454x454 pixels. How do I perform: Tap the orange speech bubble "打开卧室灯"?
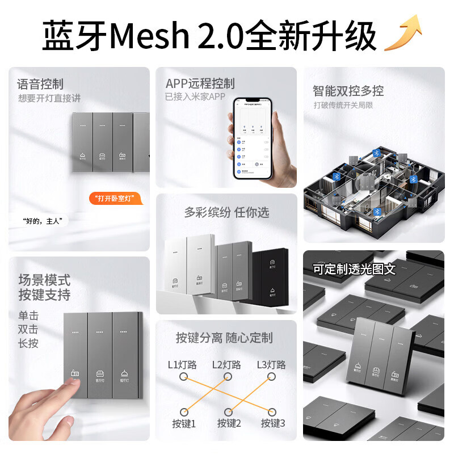point(115,199)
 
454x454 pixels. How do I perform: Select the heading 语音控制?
point(40,85)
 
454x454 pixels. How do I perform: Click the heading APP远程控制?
point(200,84)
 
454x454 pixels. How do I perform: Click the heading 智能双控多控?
point(348,91)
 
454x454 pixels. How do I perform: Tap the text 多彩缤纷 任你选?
point(226,212)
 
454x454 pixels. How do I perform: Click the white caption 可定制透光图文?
point(354,268)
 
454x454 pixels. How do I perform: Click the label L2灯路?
point(226,365)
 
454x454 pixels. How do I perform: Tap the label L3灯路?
point(271,365)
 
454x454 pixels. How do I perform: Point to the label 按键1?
point(183,423)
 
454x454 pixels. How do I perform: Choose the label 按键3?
point(273,423)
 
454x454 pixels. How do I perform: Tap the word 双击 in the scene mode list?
point(29,329)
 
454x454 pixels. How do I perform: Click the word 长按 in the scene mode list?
point(29,343)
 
